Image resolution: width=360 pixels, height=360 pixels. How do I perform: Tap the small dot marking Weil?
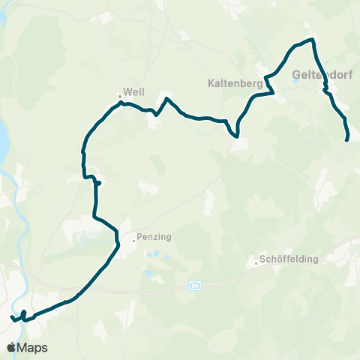[x=120, y=95]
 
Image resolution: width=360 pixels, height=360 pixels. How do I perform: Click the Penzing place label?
[x=155, y=237]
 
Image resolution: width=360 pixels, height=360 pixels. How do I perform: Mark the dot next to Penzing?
[x=133, y=241]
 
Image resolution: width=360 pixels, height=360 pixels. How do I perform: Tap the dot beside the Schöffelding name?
[x=255, y=263]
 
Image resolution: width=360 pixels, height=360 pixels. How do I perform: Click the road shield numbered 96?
[x=195, y=286]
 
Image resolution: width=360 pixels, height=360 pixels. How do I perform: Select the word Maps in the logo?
[x=33, y=347]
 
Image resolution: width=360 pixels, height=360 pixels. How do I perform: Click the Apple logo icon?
[x=11, y=347]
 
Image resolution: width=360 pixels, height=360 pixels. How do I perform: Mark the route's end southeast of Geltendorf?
[x=346, y=139]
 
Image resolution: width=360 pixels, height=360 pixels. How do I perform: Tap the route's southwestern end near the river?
[x=12, y=318]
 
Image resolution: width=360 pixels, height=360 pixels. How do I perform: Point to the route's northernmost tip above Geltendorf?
[x=310, y=40]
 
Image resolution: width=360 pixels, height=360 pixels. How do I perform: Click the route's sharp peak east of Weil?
[x=166, y=99]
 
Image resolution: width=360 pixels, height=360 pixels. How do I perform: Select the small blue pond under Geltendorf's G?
[x=296, y=82]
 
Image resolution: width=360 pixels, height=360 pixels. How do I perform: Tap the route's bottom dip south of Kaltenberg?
[x=237, y=136]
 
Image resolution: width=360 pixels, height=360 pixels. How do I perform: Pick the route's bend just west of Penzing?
[x=118, y=241]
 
